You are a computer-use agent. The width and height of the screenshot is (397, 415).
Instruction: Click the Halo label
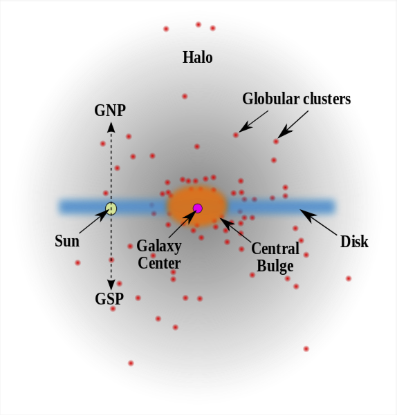click(197, 57)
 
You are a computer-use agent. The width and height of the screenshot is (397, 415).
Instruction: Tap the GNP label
click(110, 110)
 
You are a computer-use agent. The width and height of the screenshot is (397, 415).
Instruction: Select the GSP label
click(109, 299)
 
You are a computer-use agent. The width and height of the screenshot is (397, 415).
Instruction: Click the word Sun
click(67, 241)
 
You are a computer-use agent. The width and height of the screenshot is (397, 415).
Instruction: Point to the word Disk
click(354, 242)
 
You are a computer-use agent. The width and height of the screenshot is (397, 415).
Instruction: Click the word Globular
click(271, 99)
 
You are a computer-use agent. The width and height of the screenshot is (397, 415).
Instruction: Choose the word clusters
click(326, 99)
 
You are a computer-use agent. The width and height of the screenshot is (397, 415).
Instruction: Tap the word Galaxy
click(159, 247)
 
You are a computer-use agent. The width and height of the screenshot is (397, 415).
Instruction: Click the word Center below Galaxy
click(159, 263)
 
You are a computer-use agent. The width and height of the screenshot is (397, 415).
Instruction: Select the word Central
click(275, 249)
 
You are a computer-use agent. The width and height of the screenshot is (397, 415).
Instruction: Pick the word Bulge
click(275, 266)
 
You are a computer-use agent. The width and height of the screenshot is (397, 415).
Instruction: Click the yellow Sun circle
click(111, 209)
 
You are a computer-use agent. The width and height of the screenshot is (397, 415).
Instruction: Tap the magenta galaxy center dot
click(197, 209)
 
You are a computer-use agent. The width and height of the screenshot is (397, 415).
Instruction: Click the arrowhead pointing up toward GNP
click(111, 127)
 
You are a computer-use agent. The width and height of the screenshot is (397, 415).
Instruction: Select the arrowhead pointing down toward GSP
click(111, 284)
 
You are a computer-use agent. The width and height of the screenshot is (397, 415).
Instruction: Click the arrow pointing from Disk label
click(318, 222)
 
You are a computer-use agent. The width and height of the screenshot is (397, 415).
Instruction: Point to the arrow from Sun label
click(94, 221)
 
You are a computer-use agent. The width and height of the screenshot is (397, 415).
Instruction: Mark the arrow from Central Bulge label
click(235, 230)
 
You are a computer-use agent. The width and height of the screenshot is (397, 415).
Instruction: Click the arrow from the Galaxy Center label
click(182, 224)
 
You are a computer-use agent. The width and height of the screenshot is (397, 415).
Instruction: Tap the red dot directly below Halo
click(185, 97)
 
